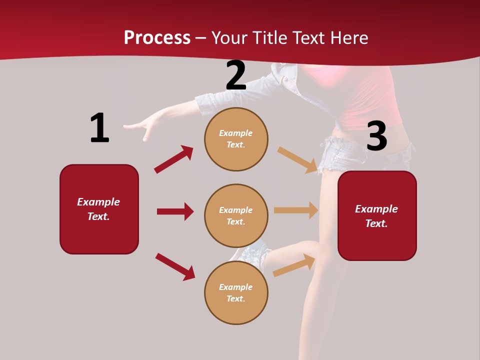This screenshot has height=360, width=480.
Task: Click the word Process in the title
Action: tap(157, 38)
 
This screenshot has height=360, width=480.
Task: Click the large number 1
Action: tap(99, 128)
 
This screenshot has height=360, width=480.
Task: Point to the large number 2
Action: tap(236, 76)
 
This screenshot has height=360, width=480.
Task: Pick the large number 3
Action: tap(376, 136)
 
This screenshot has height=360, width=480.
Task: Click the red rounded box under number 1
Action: tap(99, 209)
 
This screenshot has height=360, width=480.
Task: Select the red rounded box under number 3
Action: tap(377, 215)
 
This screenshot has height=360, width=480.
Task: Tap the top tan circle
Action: tap(236, 139)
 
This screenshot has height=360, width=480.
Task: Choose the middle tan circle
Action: tap(236, 215)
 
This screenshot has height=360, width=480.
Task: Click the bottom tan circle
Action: tap(236, 292)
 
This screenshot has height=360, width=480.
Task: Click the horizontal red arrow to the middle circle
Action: tap(175, 211)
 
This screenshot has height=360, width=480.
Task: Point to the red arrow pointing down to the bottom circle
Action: tap(175, 266)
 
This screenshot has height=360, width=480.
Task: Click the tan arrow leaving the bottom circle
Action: tap(294, 265)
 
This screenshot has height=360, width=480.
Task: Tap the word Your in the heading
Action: tap(228, 38)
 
